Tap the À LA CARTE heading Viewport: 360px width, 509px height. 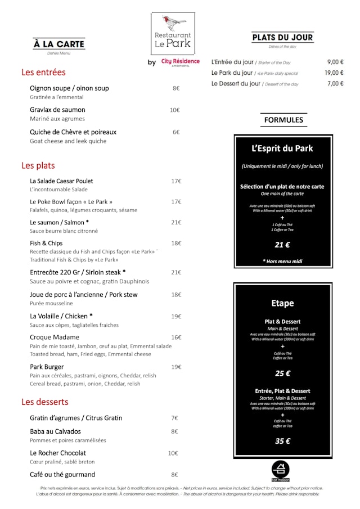tap(58, 44)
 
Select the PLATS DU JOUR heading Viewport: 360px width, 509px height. tap(282, 38)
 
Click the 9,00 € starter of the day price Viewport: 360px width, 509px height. tap(335, 62)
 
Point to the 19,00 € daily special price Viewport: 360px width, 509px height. tap(334, 73)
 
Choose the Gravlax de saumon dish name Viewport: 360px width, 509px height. tap(57, 110)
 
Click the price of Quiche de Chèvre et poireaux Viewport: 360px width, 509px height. tap(176, 132)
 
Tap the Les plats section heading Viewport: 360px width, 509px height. tap(38, 165)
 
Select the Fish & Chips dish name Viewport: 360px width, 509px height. tap(46, 244)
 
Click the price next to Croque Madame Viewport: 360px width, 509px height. tap(176, 337)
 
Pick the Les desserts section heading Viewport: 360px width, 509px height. tap(45, 402)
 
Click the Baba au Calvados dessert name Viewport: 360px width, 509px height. tap(55, 431)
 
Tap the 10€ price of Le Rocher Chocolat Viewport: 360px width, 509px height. tap(173, 453)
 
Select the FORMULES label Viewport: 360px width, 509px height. tap(283, 120)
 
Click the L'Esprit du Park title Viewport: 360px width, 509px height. tap(282, 149)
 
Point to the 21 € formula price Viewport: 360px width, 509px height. tap(282, 245)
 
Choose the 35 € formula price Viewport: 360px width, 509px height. tap(282, 441)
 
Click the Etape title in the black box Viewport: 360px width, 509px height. tap(282, 303)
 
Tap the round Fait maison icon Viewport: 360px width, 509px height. tap(280, 470)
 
